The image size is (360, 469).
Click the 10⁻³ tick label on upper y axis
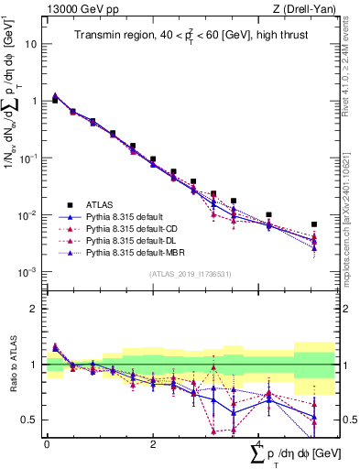click(x=29, y=272)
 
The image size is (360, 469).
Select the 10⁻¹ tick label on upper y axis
click(x=29, y=158)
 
